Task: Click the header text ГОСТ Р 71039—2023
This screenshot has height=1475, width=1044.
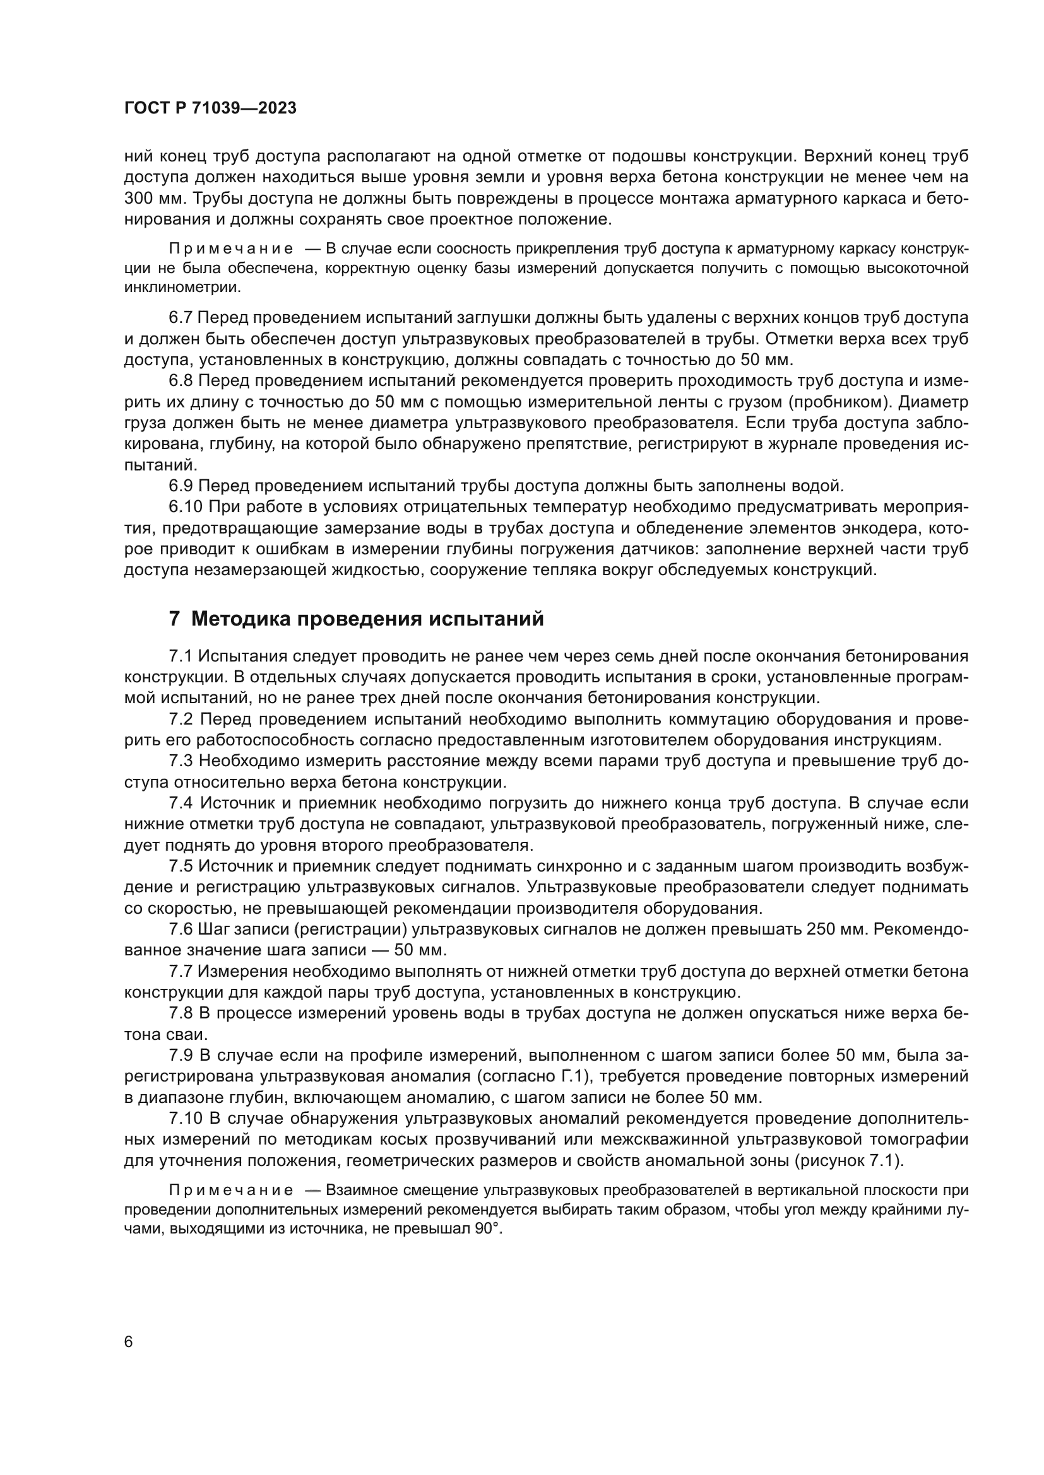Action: point(210,108)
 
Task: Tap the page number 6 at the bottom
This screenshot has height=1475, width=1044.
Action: point(129,1342)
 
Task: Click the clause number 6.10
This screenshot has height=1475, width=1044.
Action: point(186,506)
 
